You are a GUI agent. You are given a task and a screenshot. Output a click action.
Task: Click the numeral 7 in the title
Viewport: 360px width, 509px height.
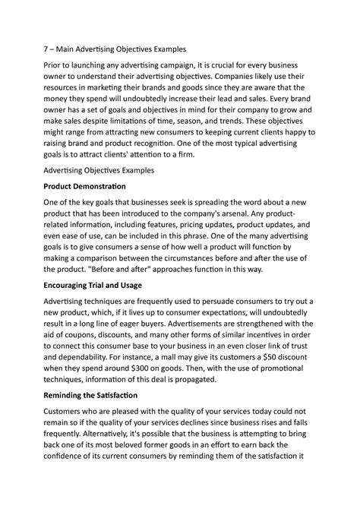pos(44,47)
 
